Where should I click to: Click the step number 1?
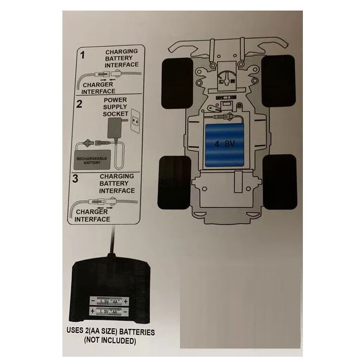[82, 55]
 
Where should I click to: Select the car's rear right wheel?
[280, 182]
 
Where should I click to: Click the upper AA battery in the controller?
[109, 302]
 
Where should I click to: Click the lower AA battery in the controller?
[109, 312]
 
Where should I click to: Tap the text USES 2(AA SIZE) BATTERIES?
[109, 332]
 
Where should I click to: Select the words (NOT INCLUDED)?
[110, 341]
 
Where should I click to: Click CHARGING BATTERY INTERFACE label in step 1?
[121, 58]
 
